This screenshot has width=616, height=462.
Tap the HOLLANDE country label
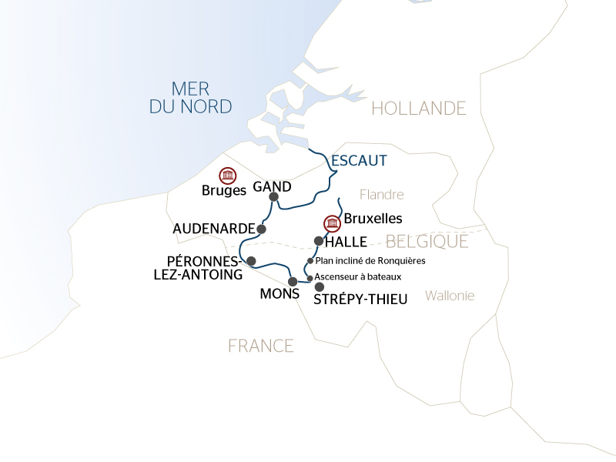coord(419,108)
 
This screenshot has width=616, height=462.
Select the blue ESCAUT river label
coord(358,161)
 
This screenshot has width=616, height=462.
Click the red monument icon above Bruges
coord(227,176)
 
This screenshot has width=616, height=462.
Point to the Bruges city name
coord(223,190)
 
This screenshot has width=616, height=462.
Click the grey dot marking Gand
coord(273,197)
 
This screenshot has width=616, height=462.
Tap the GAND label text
coord(273,186)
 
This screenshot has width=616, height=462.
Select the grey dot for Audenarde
coord(262,229)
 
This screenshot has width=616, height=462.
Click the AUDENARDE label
coord(213,229)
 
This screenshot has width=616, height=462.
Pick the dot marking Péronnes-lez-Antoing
coord(251,261)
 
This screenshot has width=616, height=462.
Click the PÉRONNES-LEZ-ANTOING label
coord(205,266)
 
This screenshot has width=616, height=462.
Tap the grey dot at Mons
coord(293,281)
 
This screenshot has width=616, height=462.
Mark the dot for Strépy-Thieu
coord(320,286)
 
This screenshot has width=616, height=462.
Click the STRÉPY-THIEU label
coord(360,300)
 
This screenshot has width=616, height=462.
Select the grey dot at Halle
coord(319,241)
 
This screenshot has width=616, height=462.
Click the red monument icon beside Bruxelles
coord(332,223)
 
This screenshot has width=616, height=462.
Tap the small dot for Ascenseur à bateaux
coord(310,277)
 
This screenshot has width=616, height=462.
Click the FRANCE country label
coord(260,346)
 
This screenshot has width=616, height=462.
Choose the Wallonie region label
coord(450,295)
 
